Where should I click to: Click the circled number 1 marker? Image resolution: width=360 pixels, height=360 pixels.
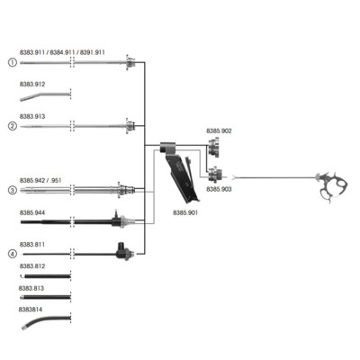[13, 63]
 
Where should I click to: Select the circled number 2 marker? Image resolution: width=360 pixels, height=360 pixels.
[13, 126]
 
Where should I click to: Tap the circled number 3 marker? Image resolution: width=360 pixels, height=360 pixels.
[13, 190]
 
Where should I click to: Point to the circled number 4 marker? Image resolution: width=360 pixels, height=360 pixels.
[13, 254]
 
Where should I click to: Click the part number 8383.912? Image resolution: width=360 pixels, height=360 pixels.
[32, 85]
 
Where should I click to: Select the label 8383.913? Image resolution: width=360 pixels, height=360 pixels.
[32, 116]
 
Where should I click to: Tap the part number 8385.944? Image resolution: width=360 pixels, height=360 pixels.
[32, 212]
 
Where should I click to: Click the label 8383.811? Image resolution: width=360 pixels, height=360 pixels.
[32, 245]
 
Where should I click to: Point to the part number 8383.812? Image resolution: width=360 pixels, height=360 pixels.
[32, 266]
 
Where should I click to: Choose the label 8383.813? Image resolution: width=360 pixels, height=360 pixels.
[31, 288]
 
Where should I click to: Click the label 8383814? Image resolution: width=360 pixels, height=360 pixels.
[31, 310]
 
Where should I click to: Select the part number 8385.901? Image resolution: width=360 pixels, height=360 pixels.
[185, 212]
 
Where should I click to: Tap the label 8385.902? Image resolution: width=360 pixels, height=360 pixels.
[219, 131]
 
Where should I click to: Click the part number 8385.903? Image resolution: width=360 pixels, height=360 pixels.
[219, 189]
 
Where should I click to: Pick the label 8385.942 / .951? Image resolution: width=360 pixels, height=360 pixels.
[40, 181]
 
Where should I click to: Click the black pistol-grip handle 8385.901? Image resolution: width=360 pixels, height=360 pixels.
[182, 174]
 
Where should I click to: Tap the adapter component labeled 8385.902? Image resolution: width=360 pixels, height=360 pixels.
[214, 147]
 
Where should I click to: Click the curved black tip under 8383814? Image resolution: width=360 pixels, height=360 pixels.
[45, 321]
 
